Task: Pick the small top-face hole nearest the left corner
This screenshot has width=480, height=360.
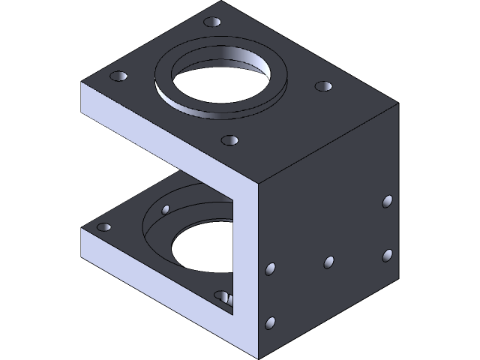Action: click(118, 76)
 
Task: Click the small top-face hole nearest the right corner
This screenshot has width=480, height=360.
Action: click(322, 87)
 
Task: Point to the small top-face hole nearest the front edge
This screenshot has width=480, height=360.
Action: click(229, 139)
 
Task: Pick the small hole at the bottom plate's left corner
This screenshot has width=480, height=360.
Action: click(104, 226)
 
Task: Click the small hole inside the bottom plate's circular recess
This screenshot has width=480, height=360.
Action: click(166, 208)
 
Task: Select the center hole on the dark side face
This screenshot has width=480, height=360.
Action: click(328, 262)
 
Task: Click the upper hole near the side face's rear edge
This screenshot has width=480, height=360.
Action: click(388, 201)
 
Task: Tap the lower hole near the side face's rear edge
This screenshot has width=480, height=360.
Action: click(388, 255)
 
